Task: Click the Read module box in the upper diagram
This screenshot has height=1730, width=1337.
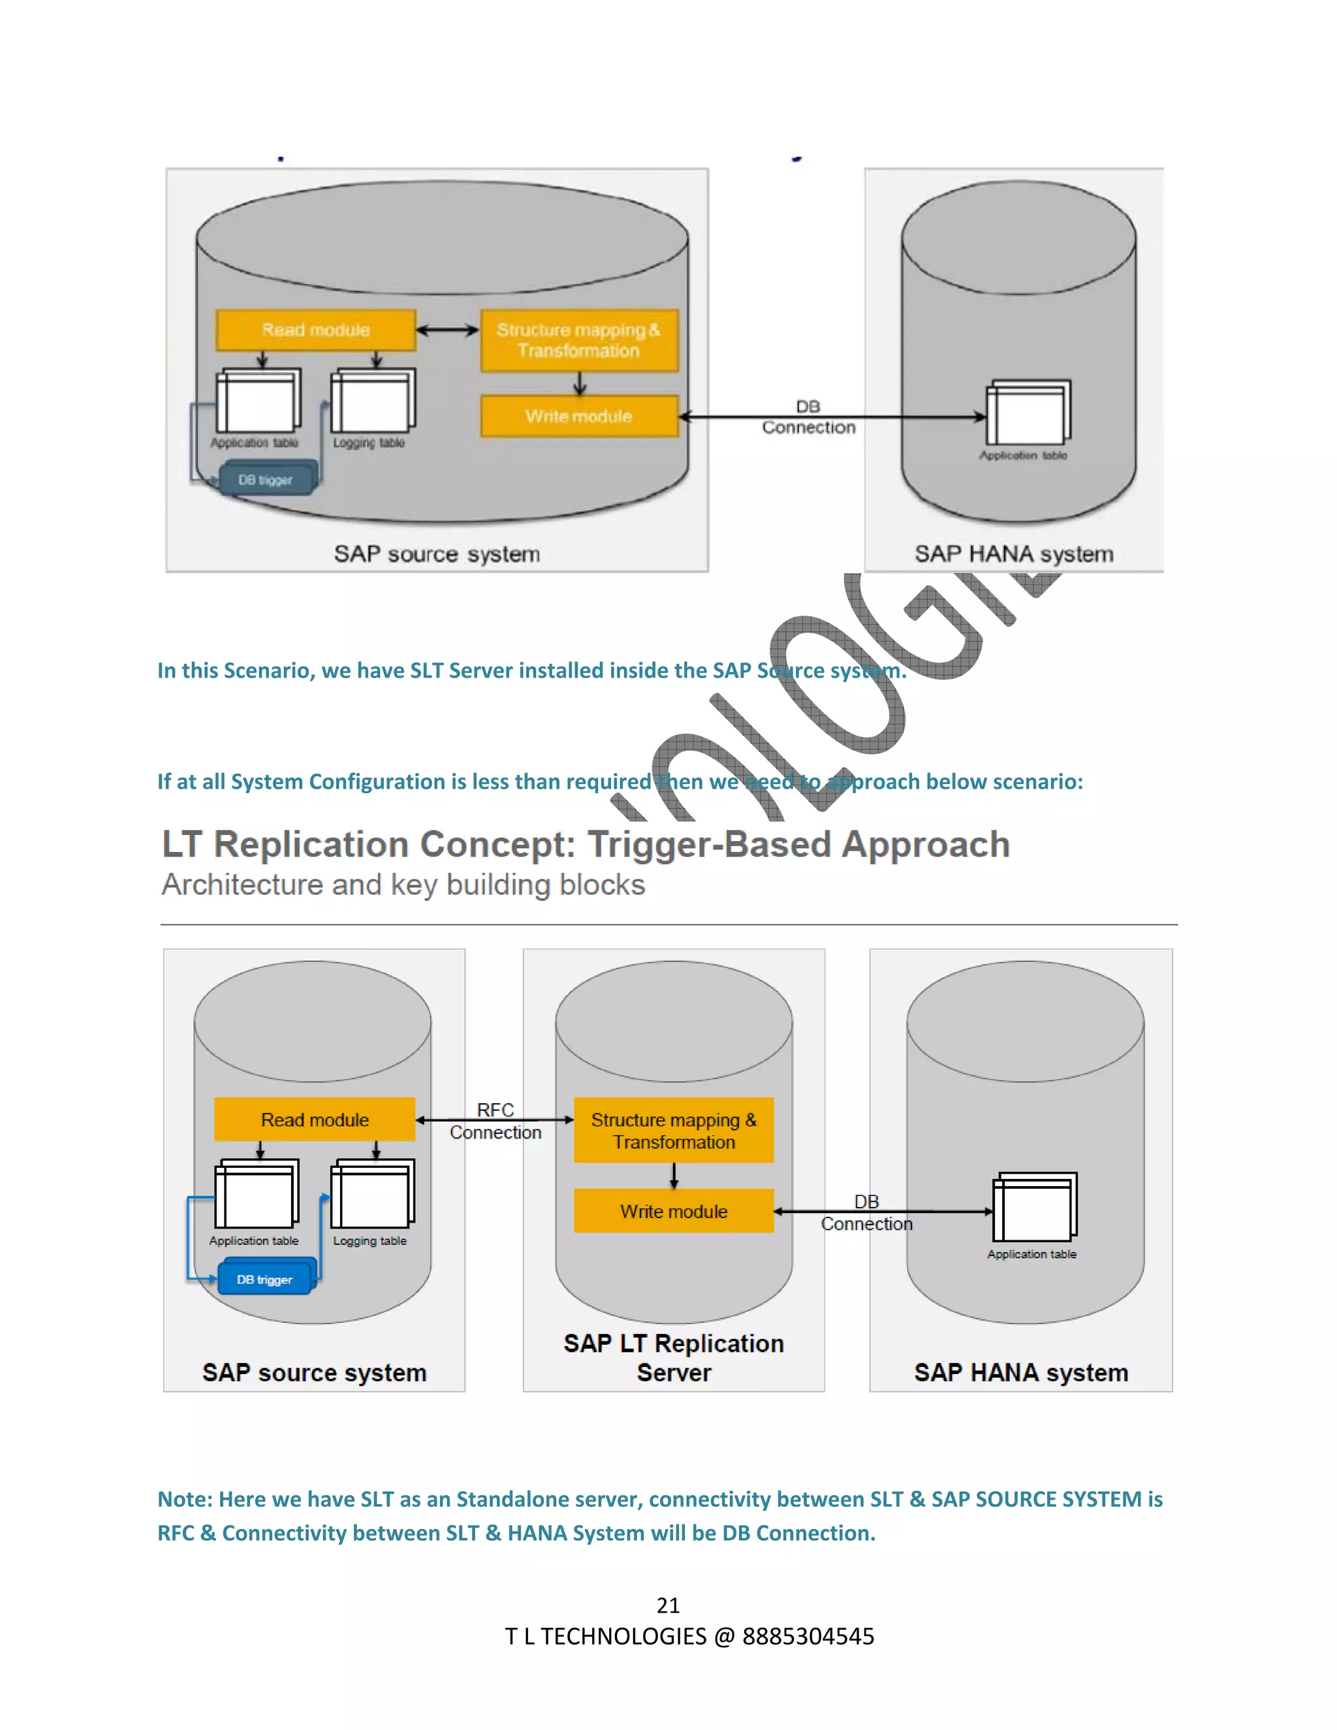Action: pyautogui.click(x=315, y=330)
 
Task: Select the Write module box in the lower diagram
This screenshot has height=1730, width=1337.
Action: pyautogui.click(x=673, y=1210)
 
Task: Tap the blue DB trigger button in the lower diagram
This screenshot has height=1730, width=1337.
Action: pyautogui.click(x=264, y=1280)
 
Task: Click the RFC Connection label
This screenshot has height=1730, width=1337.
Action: pyautogui.click(x=496, y=1121)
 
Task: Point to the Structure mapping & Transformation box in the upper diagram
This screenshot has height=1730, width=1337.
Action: pyautogui.click(x=579, y=341)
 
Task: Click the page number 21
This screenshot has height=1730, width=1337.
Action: pyautogui.click(x=668, y=1605)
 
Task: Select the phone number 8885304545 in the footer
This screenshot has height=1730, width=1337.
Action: pyautogui.click(x=808, y=1637)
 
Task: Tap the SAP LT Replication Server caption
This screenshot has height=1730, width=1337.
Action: pyautogui.click(x=673, y=1358)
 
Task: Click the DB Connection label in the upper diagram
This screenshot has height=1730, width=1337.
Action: pyautogui.click(x=809, y=417)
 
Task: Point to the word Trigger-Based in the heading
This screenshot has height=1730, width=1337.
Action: pyautogui.click(x=710, y=844)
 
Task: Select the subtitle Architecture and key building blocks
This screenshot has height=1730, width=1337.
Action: pyautogui.click(x=403, y=885)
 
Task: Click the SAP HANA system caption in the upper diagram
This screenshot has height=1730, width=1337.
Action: pyautogui.click(x=1014, y=554)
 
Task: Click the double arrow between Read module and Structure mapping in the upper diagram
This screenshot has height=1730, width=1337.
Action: pyautogui.click(x=447, y=330)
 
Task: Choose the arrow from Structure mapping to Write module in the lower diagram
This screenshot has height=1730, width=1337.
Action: pyautogui.click(x=673, y=1176)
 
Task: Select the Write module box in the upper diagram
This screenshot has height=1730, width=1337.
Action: pyautogui.click(x=579, y=417)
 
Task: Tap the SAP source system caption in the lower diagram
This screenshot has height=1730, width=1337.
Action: pyautogui.click(x=315, y=1373)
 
